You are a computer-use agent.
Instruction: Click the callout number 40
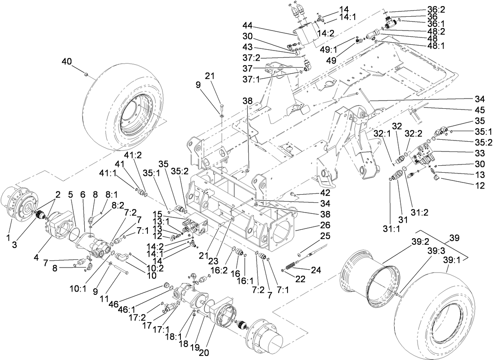pos(66,61)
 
